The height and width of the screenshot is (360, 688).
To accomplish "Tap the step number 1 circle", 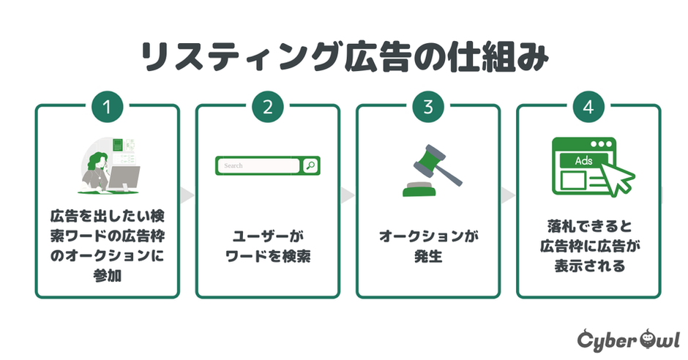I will (x=107, y=107).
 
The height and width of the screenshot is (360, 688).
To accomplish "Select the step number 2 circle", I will (x=267, y=107).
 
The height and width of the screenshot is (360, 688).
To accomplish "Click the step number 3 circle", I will (x=428, y=107).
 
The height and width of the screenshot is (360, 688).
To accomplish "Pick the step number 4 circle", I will (x=588, y=107).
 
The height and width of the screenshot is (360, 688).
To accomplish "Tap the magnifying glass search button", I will (x=310, y=166).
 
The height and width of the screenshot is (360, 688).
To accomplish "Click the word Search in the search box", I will (x=233, y=166).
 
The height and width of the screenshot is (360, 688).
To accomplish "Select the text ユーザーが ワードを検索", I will (x=267, y=247).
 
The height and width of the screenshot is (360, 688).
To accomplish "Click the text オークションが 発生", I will (x=428, y=247).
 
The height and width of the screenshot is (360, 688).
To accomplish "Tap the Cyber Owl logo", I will (x=628, y=340).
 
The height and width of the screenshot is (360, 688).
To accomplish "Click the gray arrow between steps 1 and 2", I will (x=187, y=196).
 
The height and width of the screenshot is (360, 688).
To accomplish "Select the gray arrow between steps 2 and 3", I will (x=348, y=196).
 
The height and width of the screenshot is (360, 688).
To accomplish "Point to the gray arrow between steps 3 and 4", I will (x=509, y=196).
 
